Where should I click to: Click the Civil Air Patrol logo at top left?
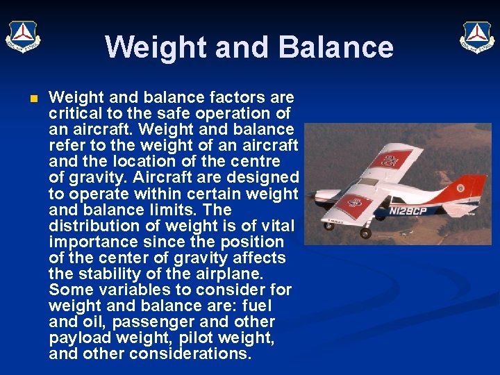23,35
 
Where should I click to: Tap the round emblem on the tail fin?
460,188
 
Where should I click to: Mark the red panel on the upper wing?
391,160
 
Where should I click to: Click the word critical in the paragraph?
73,113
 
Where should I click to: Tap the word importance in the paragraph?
93,242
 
